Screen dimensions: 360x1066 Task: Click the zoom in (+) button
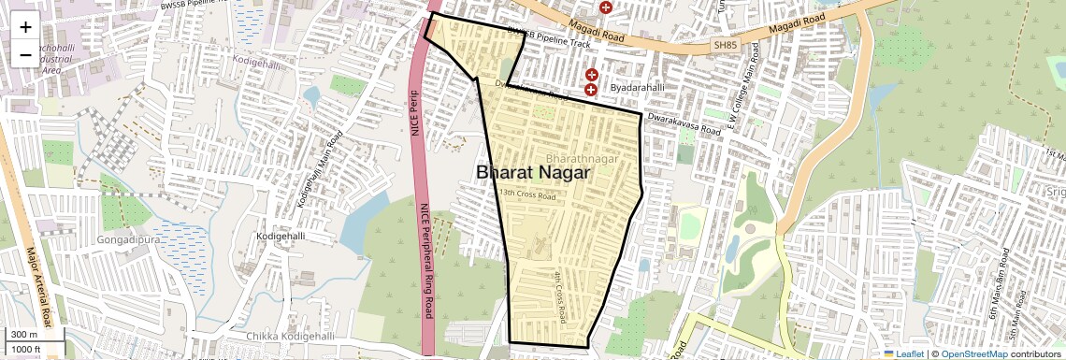point(25,28)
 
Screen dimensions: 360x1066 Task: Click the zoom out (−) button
point(25,55)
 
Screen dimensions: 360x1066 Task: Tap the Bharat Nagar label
point(533,173)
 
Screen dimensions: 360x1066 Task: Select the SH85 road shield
point(725,44)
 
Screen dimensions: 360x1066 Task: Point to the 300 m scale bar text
point(24,335)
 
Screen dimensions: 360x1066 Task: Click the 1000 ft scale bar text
point(27,349)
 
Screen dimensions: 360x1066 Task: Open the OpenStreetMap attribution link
point(973,353)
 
